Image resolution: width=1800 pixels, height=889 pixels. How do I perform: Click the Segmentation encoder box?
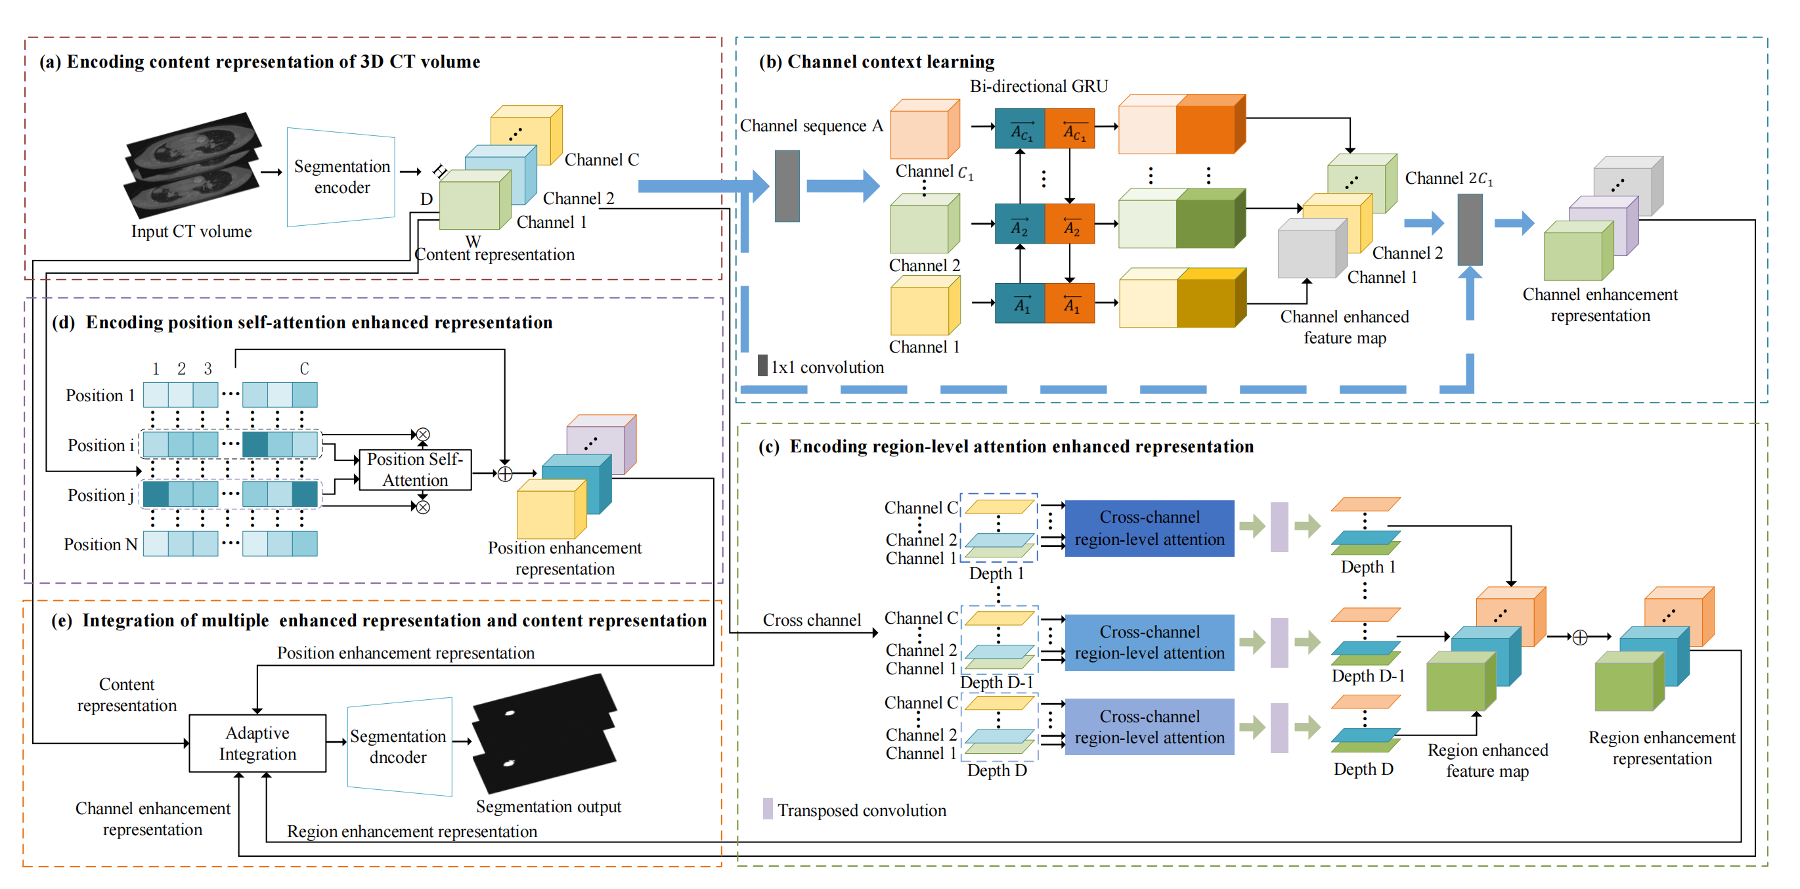click(341, 177)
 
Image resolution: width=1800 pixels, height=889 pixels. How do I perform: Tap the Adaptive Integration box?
click(258, 743)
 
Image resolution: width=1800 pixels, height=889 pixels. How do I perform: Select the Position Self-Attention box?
click(415, 469)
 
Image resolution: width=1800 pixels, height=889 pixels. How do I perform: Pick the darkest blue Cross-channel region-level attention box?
click(1149, 529)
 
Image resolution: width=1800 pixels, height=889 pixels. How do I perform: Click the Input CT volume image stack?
click(192, 165)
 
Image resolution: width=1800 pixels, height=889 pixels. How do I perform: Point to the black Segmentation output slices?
click(545, 733)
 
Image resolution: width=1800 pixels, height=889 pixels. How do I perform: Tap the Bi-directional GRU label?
click(1038, 86)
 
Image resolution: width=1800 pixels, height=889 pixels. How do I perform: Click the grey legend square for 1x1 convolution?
click(763, 366)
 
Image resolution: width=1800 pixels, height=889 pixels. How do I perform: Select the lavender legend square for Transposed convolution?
click(768, 809)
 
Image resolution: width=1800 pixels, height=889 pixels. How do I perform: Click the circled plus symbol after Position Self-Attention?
click(504, 474)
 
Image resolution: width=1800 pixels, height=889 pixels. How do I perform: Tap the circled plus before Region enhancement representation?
click(1580, 638)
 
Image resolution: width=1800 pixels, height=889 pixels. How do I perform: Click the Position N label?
click(100, 544)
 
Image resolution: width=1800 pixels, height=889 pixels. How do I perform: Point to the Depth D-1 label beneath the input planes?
click(996, 682)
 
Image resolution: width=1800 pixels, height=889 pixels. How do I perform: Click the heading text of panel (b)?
click(877, 62)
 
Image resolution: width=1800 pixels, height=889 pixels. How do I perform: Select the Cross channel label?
click(811, 620)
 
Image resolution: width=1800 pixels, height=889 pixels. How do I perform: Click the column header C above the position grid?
click(304, 368)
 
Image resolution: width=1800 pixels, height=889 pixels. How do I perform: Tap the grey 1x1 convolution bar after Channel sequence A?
click(787, 186)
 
